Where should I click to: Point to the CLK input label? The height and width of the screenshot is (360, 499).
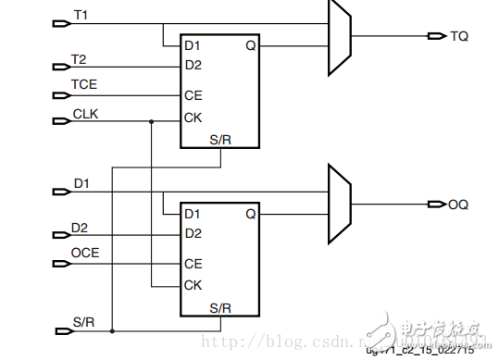(85, 113)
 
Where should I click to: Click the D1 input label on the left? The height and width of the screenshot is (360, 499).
(82, 183)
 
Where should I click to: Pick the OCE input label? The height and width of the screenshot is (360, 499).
(85, 253)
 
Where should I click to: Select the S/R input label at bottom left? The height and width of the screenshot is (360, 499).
(83, 320)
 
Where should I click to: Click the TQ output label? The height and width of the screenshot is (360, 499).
(459, 36)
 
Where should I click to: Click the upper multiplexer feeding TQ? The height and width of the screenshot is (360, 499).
(339, 36)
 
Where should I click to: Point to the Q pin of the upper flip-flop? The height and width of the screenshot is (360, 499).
(250, 44)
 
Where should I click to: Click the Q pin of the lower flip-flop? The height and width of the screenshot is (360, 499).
(250, 214)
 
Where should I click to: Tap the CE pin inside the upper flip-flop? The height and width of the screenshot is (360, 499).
(193, 95)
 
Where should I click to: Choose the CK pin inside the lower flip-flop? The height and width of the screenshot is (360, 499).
(193, 286)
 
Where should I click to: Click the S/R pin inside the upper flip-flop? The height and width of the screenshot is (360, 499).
(219, 140)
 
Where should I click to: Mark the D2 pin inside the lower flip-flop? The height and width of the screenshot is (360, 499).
(193, 233)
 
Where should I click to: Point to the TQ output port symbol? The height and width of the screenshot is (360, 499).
(436, 36)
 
